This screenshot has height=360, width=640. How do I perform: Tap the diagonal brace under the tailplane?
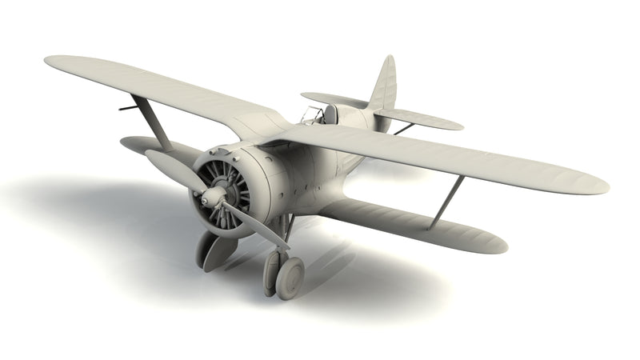[x=404, y=128]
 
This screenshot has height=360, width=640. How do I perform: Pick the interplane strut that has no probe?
[x=447, y=201]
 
